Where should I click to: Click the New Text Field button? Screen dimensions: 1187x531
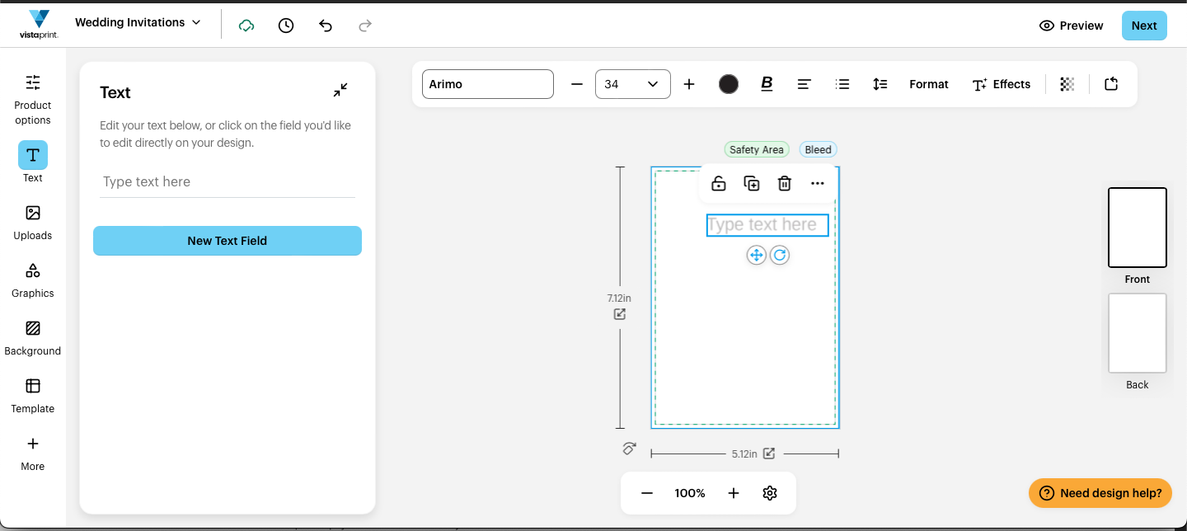pyautogui.click(x=228, y=241)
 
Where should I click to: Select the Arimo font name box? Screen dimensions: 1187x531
pyautogui.click(x=487, y=84)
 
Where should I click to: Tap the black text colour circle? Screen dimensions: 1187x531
pyautogui.click(x=728, y=84)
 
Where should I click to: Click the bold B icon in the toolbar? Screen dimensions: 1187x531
pyautogui.click(x=767, y=84)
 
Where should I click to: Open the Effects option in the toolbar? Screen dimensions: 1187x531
pyautogui.click(x=1001, y=84)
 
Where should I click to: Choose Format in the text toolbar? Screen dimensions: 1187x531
pyautogui.click(x=928, y=84)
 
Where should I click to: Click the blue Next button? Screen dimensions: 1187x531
pyautogui.click(x=1144, y=26)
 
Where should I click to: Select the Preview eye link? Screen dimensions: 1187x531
pyautogui.click(x=1071, y=26)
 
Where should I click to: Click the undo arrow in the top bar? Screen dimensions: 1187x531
pyautogui.click(x=326, y=26)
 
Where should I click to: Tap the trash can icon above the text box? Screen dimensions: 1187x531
pyautogui.click(x=784, y=183)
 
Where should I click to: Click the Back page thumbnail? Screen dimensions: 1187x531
pyautogui.click(x=1138, y=333)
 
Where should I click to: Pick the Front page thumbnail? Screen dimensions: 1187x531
pyautogui.click(x=1138, y=228)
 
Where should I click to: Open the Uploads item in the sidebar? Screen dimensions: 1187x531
pyautogui.click(x=32, y=223)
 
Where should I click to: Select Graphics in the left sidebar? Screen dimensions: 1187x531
pyautogui.click(x=32, y=280)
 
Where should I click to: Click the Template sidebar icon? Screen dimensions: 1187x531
pyautogui.click(x=32, y=396)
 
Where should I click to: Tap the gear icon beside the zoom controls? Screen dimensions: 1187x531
pyautogui.click(x=769, y=493)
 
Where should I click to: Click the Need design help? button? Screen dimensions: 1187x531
pyautogui.click(x=1100, y=493)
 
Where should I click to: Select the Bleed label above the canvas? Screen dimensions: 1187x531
pyautogui.click(x=818, y=149)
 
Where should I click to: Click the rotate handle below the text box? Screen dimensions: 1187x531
pyautogui.click(x=780, y=256)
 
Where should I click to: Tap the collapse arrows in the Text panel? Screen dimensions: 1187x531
pyautogui.click(x=340, y=90)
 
